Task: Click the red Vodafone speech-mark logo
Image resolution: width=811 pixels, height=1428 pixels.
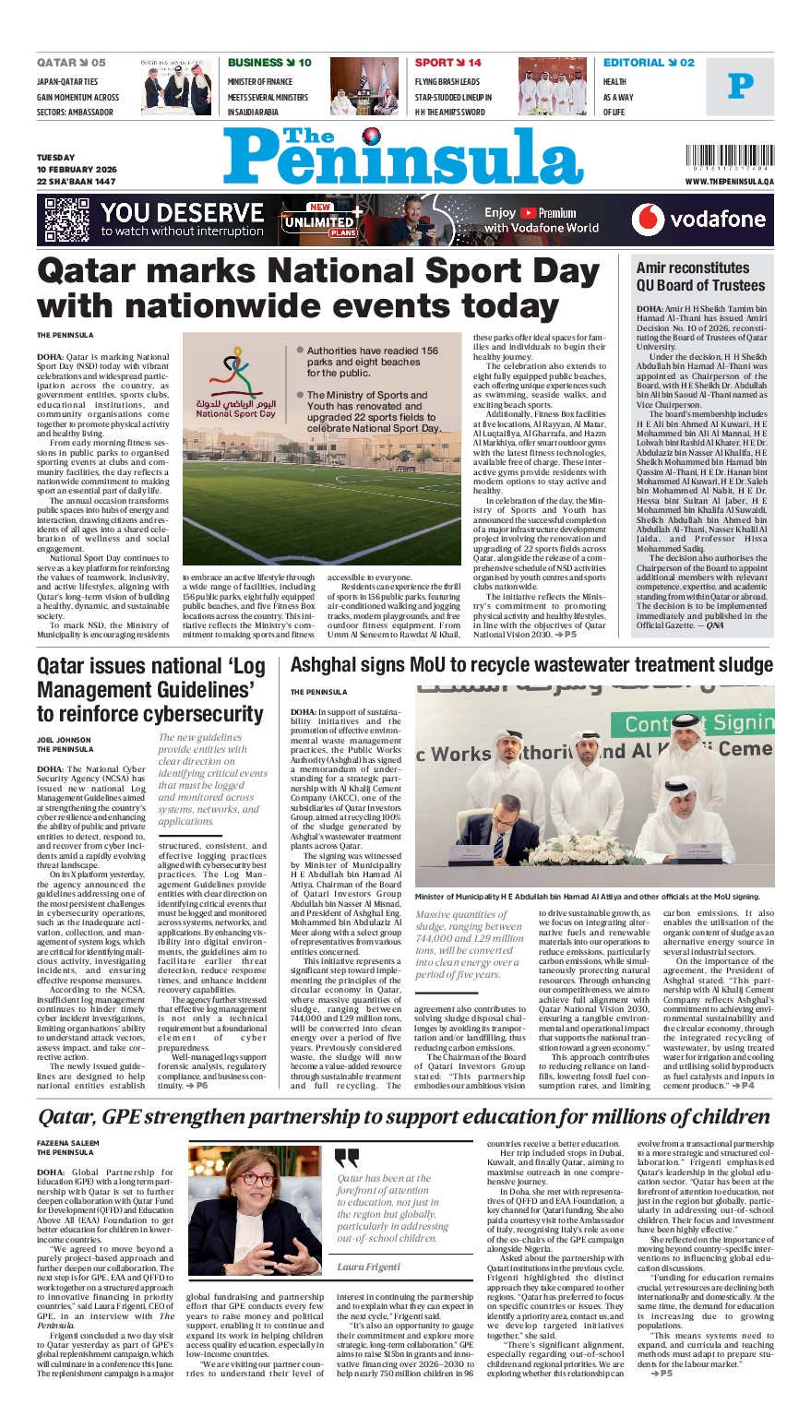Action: point(648,220)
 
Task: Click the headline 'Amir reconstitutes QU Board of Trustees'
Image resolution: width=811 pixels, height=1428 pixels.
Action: point(701,276)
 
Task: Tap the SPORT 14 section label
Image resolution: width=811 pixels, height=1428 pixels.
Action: point(447,63)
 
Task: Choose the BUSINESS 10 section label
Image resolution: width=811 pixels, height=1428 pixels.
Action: point(269,63)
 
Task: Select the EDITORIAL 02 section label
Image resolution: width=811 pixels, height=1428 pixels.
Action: point(649,63)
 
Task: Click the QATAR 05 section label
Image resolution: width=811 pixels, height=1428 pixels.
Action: point(71,63)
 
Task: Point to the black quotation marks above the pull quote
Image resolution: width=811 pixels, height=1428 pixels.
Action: point(347,1159)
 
